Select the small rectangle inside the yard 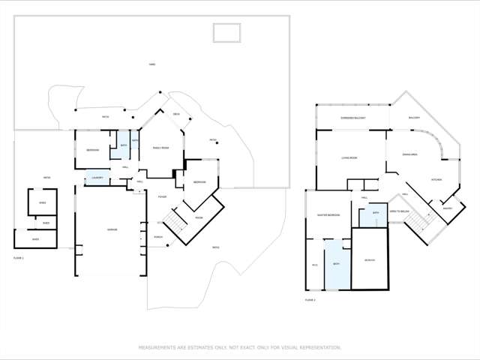pyautogui.click(x=226, y=33)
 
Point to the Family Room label pyautogui.click(x=160, y=148)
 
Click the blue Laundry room pyautogui.click(x=97, y=177)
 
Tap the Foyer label pyautogui.click(x=162, y=196)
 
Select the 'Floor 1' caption pyautogui.click(x=19, y=258)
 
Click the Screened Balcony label pyautogui.click(x=352, y=118)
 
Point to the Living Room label pyautogui.click(x=349, y=157)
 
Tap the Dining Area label pyautogui.click(x=410, y=154)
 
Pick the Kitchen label pyautogui.click(x=436, y=180)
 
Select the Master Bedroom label pyautogui.click(x=328, y=215)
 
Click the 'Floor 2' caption pyautogui.click(x=310, y=299)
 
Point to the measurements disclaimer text pyautogui.click(x=239, y=347)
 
